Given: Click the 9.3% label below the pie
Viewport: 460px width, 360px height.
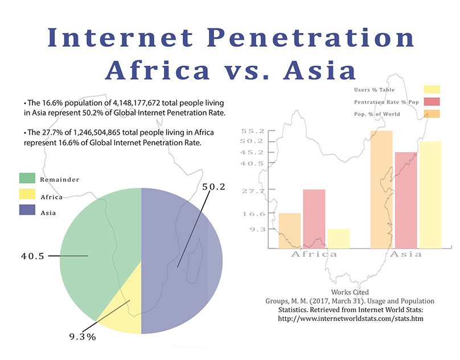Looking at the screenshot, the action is pos(83,337).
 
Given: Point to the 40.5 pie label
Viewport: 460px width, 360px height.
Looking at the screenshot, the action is pos(32,256).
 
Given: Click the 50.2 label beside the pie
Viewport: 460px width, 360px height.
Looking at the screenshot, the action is pos(213,187).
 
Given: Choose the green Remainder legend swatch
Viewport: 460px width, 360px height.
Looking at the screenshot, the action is pos(27,178).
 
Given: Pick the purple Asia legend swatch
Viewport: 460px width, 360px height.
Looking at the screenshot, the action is pos(27,210).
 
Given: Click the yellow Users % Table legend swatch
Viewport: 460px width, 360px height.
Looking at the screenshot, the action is pos(432,89).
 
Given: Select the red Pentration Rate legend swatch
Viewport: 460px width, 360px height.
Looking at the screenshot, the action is pos(432,101).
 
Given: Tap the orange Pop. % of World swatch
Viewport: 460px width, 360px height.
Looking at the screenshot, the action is pos(432,113).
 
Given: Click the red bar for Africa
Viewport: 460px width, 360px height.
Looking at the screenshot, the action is pos(314,219).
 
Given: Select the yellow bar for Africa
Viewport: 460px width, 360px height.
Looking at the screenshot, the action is pos(339,239).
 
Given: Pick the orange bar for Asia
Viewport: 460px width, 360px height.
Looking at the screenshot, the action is pos(381,190).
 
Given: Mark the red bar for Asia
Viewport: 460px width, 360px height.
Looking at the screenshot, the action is pos(406,201).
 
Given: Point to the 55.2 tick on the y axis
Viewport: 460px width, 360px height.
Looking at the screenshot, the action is pos(253,131).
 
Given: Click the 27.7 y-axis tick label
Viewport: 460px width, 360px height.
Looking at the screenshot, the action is pos(253,191).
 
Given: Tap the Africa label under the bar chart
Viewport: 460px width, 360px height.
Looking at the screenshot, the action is pos(314,254).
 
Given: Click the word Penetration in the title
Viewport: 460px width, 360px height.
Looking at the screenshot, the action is pos(311,38).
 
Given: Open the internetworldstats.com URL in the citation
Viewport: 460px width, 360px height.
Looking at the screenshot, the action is pos(351,318).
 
